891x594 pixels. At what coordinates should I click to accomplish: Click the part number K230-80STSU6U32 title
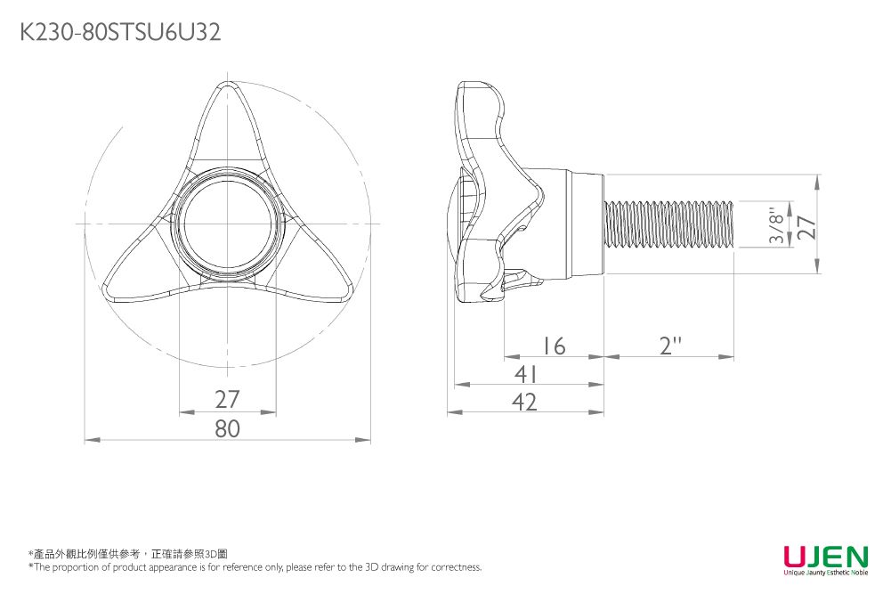point(119,33)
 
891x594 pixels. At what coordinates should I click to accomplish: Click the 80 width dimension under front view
point(228,429)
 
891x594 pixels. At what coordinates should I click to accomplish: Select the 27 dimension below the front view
point(228,400)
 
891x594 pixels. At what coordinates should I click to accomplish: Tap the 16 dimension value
point(554,346)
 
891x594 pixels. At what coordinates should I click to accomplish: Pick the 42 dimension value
point(525,403)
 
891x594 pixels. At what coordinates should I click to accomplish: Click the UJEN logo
point(825,557)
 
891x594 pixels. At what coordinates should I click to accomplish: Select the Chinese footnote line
point(128,554)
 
